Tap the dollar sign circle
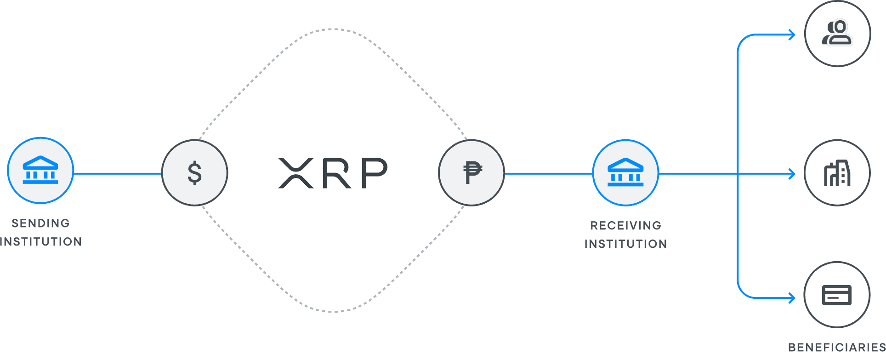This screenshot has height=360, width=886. coord(195,173)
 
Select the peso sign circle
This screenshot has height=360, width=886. coord(471,173)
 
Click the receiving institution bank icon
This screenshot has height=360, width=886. coord(625,172)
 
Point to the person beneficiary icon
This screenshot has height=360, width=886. coord(838,34)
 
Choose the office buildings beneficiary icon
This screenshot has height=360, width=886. coord(837,173)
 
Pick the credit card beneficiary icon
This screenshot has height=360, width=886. coord(837,295)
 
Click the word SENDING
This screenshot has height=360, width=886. coord(40,223)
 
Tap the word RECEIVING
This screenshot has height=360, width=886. coord(625,226)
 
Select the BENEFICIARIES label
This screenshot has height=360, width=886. coord(836,348)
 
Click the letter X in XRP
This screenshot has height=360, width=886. coord(296,173)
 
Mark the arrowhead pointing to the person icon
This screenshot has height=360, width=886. coord(792,34)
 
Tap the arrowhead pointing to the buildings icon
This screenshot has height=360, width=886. coord(792,173)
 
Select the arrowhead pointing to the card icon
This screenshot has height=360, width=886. coord(792,298)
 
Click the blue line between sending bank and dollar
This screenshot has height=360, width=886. coord(118,173)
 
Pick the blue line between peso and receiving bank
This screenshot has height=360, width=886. coord(548,173)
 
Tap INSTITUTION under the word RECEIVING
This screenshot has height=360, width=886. coord(625,244)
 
